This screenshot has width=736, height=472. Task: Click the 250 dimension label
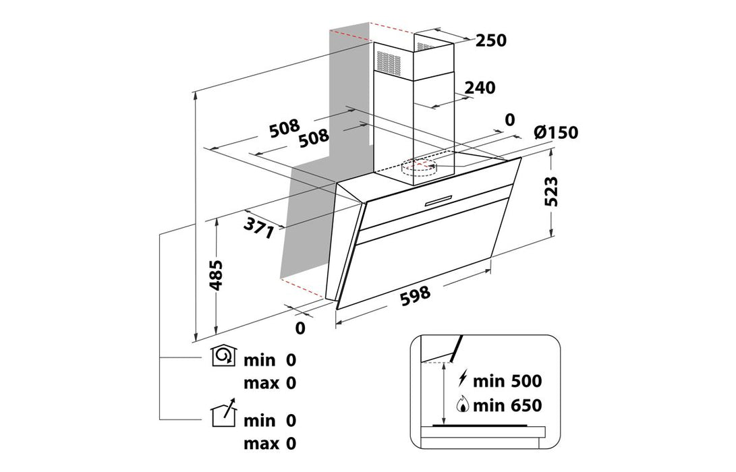[490, 40]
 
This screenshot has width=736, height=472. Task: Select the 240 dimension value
[480, 88]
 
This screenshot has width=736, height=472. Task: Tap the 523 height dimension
[553, 191]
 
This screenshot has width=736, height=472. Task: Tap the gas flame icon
[463, 405]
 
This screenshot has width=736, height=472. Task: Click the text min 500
[507, 381]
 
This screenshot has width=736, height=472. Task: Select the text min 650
[507, 405]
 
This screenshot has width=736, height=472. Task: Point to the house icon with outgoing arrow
[225, 414]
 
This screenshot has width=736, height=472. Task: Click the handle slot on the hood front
[438, 198]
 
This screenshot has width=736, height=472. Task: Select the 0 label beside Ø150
[509, 120]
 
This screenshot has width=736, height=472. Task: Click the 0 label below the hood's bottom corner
[300, 328]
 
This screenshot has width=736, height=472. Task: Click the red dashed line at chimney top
[391, 28]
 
